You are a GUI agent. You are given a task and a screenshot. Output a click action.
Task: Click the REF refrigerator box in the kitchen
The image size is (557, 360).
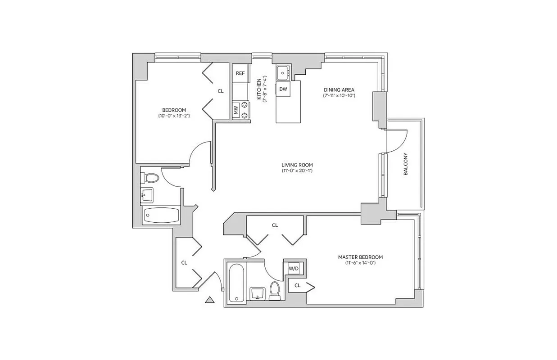click(240, 73)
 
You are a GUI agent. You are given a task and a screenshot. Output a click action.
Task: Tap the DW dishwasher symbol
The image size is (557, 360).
click(283, 89)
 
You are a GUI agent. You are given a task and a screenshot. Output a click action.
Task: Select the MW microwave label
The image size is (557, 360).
click(235, 110)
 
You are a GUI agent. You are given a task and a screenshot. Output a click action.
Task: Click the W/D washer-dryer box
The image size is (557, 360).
click(294, 269)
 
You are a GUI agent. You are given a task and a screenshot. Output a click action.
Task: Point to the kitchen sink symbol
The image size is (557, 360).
click(283, 71)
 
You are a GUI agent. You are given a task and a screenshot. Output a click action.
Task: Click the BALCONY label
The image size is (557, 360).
click(405, 164)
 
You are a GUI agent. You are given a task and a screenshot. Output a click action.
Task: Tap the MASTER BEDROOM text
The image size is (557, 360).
click(360, 257)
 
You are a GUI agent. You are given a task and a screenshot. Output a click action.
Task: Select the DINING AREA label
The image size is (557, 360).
click(339, 90)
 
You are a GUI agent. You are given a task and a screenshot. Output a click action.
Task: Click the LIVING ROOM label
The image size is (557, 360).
click(297, 165)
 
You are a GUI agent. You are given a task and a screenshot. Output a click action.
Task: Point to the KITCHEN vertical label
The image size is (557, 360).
click(259, 89)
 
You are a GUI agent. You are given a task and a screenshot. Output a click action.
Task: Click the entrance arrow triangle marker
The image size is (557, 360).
click(209, 300)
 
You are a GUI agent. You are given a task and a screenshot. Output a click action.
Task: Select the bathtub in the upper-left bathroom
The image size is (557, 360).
click(161, 216)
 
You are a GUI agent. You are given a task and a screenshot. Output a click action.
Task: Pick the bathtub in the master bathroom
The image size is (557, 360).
click(236, 283)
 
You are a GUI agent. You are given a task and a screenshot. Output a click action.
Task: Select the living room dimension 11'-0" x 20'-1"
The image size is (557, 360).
click(297, 171)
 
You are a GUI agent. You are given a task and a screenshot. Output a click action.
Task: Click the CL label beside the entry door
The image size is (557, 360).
click(184, 262)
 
